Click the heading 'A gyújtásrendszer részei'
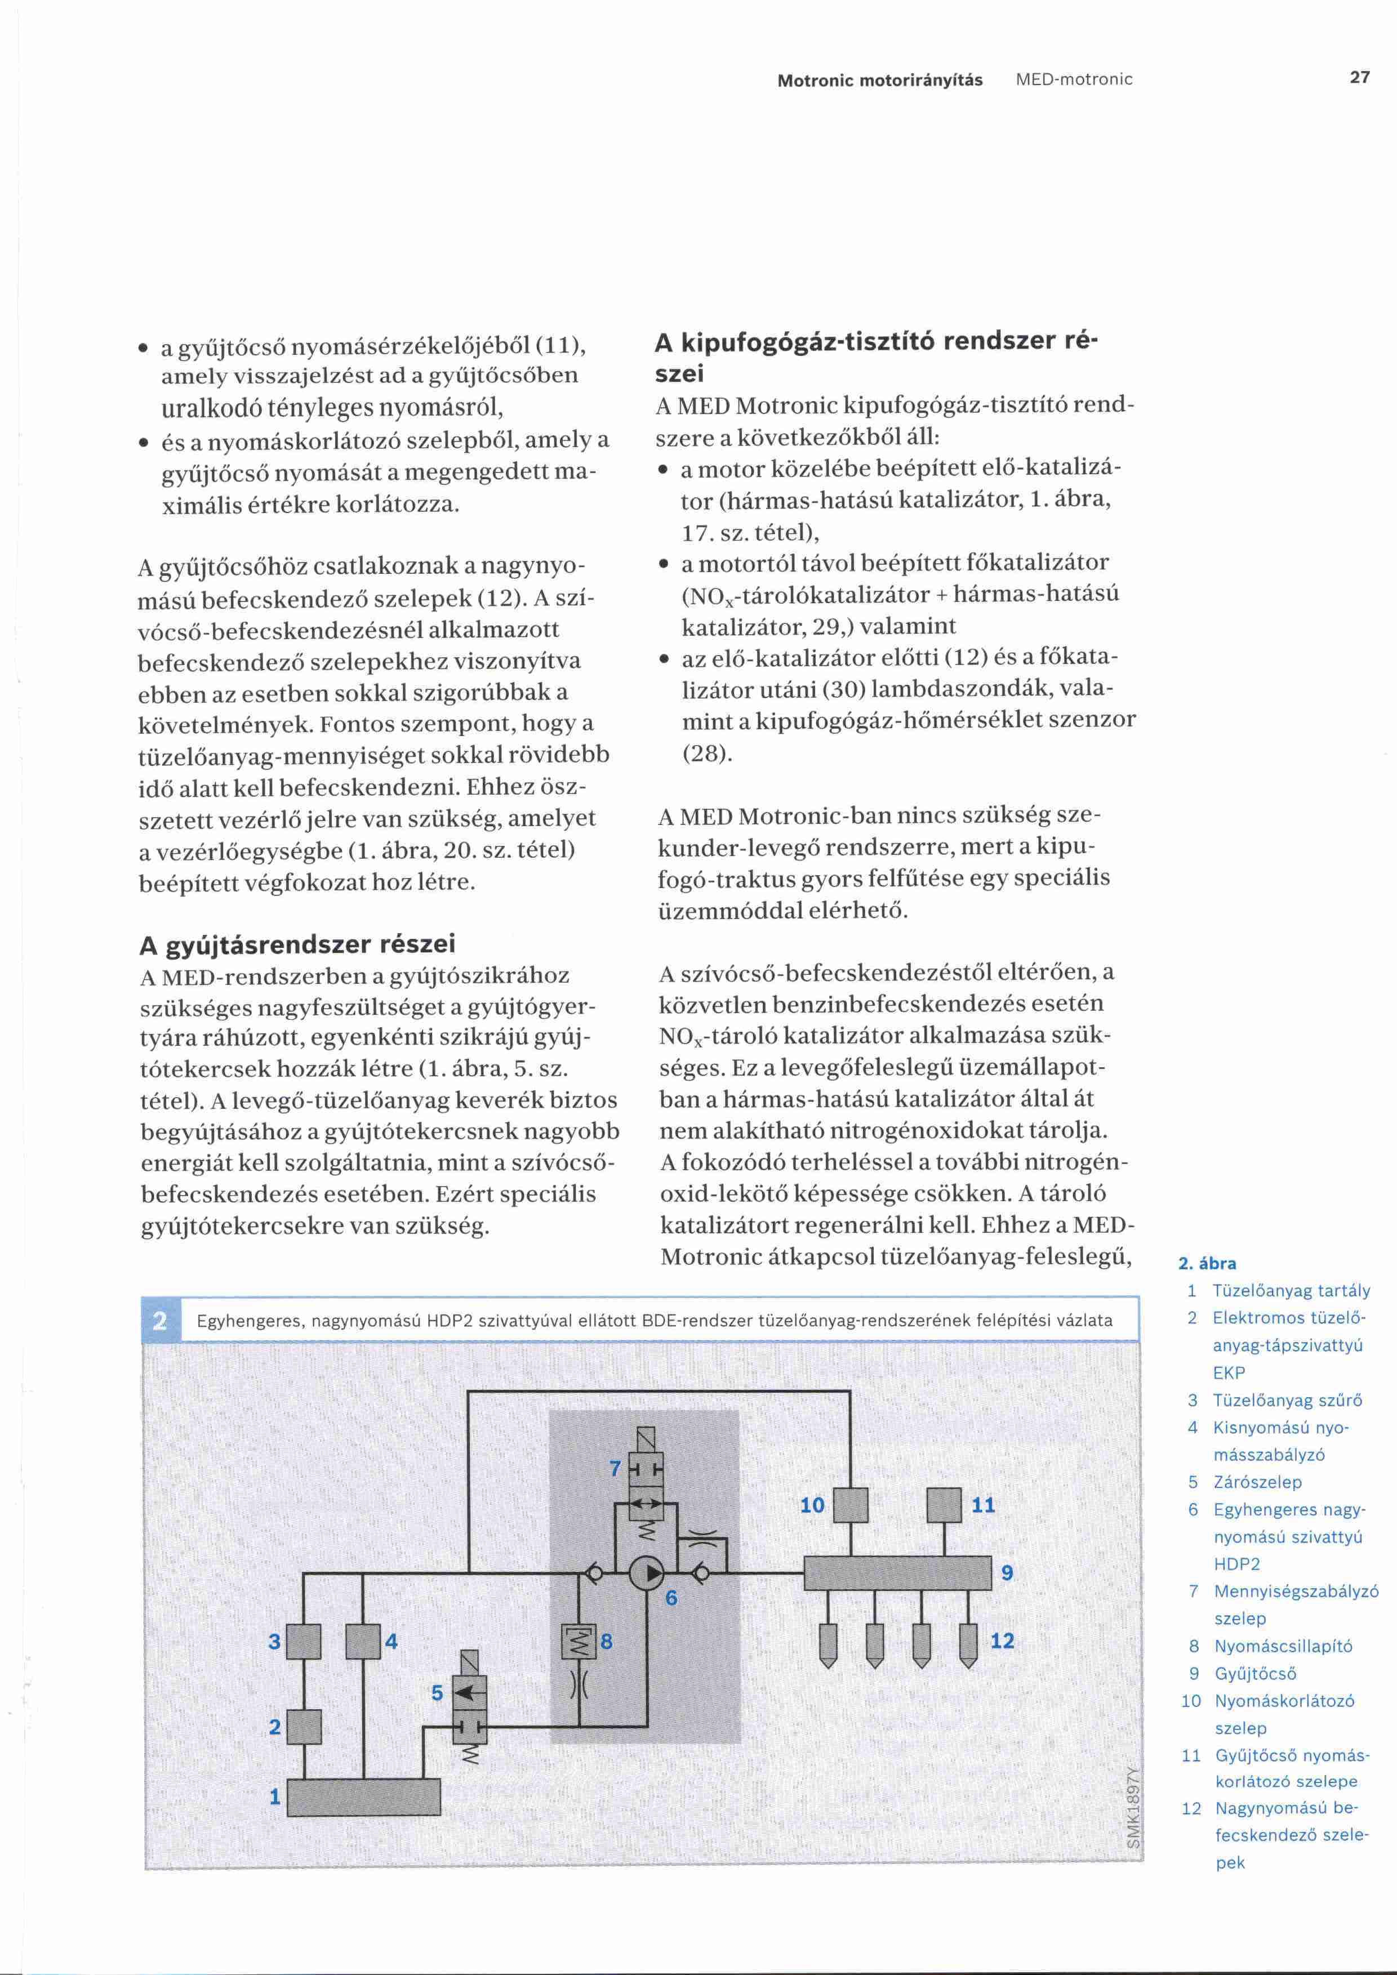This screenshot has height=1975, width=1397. (x=297, y=944)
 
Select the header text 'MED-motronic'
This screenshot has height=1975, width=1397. (x=1074, y=80)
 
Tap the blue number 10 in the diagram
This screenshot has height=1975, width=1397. (x=812, y=1504)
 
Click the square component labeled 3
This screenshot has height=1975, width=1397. (x=303, y=1641)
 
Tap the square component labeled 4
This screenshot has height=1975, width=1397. (x=363, y=1641)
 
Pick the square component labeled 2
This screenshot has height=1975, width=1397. (x=303, y=1727)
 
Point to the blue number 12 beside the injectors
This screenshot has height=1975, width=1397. (x=1002, y=1640)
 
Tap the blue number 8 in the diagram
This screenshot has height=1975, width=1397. (x=607, y=1641)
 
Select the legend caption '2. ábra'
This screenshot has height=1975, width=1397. (x=1207, y=1264)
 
